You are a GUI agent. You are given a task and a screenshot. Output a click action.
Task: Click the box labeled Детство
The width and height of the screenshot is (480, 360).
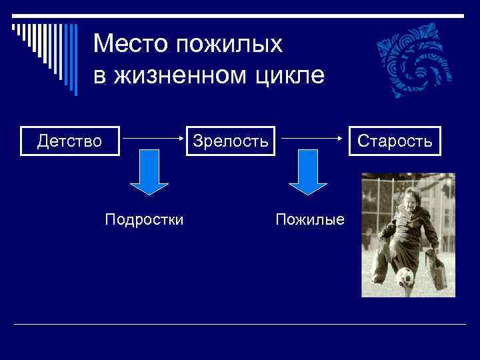click(x=70, y=141)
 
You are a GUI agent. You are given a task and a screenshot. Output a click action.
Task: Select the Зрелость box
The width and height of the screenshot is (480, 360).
click(x=231, y=141)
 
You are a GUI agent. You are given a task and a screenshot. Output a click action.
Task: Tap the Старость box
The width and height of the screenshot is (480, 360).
click(x=395, y=141)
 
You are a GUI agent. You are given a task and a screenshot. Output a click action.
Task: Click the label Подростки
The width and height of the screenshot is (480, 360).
click(x=144, y=219)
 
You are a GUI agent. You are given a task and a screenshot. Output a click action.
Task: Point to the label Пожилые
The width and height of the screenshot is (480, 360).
click(x=310, y=219)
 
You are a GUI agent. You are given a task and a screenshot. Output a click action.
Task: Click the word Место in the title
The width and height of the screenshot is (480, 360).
click(x=131, y=45)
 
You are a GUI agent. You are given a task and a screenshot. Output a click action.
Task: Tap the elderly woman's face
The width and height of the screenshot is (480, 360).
click(x=407, y=199)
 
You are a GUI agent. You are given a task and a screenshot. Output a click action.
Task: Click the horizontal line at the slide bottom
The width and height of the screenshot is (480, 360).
click(x=240, y=324)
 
